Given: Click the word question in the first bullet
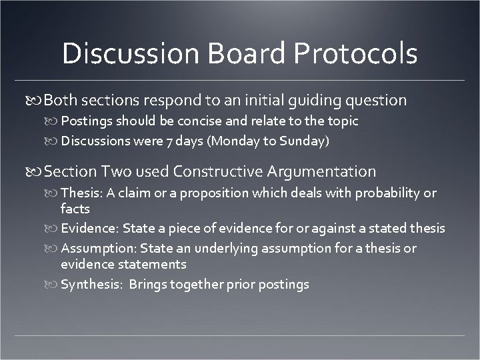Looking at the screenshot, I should (x=379, y=101).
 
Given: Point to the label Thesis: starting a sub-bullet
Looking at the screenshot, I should (x=79, y=193).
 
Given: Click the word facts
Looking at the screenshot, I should (x=75, y=209).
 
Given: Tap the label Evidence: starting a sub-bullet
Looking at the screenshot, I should (x=86, y=229).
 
